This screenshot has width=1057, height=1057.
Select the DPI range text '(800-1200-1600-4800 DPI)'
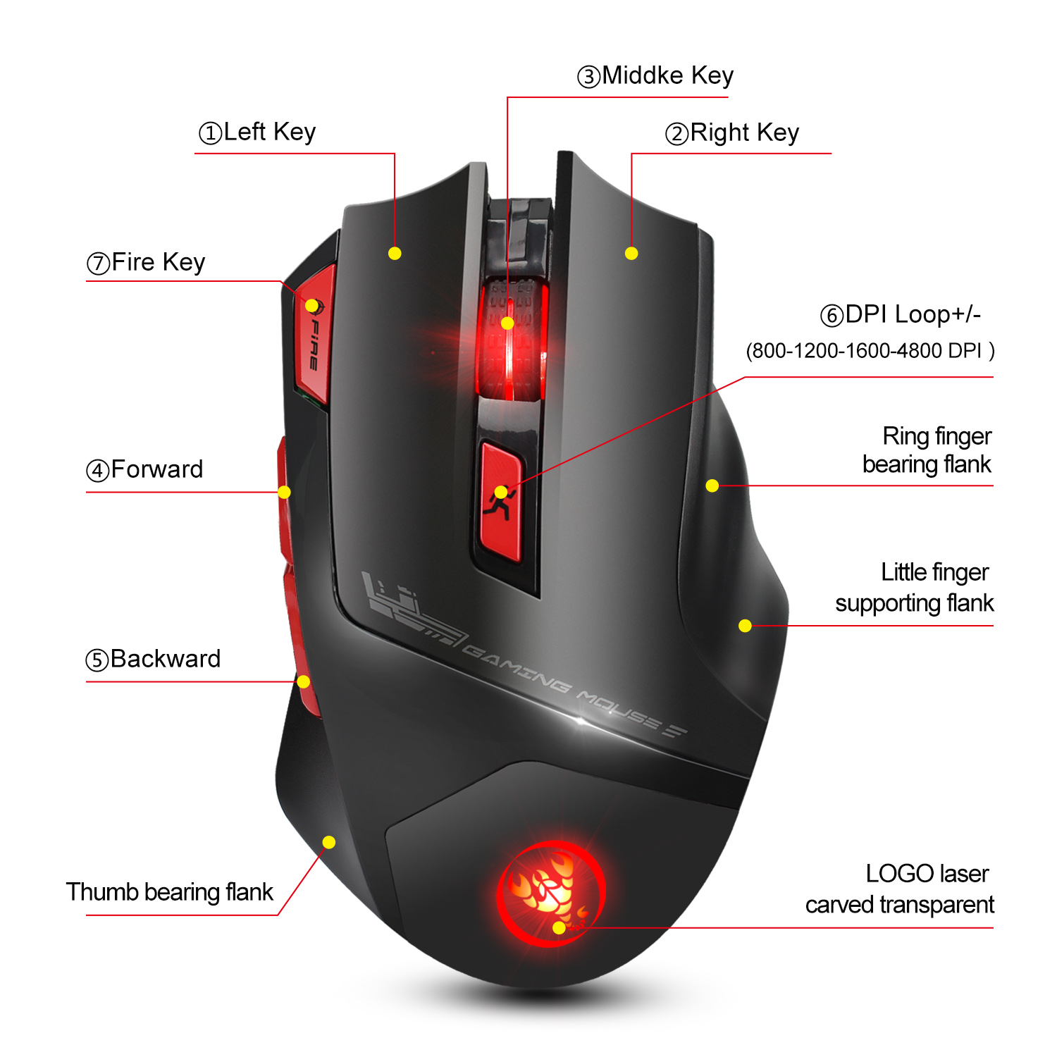click(x=870, y=350)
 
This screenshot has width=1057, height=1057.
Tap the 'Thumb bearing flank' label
click(x=169, y=892)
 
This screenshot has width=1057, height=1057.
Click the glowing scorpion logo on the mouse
click(x=551, y=894)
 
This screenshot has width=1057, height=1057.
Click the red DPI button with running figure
click(x=501, y=502)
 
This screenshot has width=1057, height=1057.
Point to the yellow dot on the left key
click(x=395, y=253)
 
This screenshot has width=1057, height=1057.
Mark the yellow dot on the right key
click(x=631, y=253)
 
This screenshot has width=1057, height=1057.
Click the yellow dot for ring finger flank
click(x=712, y=486)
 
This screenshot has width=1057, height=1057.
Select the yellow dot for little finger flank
click(x=745, y=625)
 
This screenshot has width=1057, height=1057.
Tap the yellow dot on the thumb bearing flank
click(x=329, y=842)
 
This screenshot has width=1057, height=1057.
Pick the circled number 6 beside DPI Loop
click(x=832, y=316)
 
